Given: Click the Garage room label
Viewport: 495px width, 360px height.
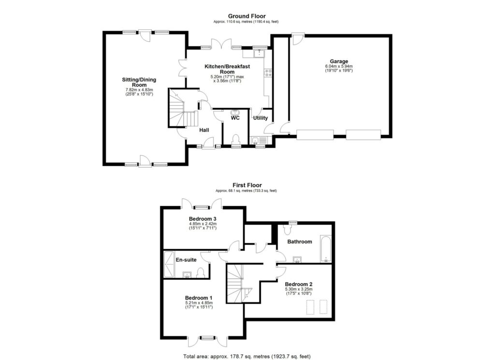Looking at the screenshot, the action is coord(339,61).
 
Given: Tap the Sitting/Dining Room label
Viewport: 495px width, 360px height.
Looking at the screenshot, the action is coord(139,82).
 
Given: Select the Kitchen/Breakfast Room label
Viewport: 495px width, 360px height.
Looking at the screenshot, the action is coord(227,69).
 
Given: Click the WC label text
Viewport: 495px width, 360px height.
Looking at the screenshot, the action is coord(235,118).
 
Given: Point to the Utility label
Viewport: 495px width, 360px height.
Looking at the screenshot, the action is coord(261,118).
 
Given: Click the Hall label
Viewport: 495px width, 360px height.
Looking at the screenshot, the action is coord(204,130).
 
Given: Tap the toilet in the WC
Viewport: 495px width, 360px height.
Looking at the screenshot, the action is coord(235,139).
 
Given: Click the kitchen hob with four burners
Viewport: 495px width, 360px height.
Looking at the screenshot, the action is coord(269,73).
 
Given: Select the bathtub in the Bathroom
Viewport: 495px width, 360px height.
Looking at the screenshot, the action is coord(326,249).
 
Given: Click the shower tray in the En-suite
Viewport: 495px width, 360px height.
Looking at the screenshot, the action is coord(169,264).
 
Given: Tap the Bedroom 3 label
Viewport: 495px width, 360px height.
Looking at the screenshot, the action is coord(203,218).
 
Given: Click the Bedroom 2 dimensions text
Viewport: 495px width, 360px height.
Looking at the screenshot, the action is coord(298,291).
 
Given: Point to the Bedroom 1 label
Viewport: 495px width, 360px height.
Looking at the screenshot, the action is coord(199,298).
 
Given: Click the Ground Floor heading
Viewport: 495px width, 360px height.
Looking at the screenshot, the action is coord(247,16).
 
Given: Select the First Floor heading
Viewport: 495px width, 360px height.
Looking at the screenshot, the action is coord(247,185).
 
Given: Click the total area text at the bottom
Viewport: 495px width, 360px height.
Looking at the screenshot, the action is coord(247,356).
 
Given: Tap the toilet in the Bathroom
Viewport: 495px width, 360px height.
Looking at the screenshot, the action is coord(288,229).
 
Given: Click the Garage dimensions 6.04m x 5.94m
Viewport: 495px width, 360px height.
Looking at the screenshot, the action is coord(339,67).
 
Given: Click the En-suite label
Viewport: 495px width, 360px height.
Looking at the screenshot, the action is coord(186,260).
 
